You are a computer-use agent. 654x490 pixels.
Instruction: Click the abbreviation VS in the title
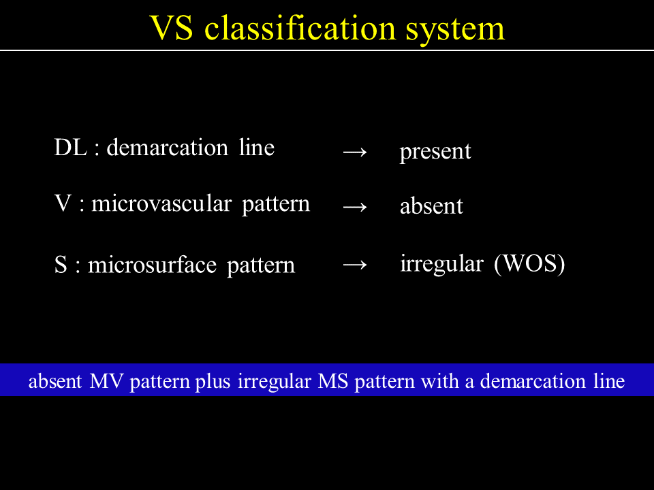(171, 29)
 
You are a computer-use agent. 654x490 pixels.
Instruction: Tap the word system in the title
(455, 31)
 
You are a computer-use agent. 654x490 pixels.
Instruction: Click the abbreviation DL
(70, 148)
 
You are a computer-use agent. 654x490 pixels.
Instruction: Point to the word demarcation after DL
(168, 148)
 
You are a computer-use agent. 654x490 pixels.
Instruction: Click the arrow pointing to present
(355, 152)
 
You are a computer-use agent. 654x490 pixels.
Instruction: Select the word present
(435, 152)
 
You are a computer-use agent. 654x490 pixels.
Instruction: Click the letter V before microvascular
(63, 203)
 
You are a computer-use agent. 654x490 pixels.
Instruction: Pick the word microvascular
(161, 203)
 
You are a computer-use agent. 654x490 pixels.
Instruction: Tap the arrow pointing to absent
(355, 206)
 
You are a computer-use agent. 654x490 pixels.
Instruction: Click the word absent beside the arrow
(431, 206)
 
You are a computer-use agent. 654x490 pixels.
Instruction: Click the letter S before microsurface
(61, 265)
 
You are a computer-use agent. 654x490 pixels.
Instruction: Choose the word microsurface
(152, 265)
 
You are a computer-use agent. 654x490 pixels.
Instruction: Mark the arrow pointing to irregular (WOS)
(355, 265)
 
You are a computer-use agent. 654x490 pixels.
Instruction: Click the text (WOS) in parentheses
(529, 264)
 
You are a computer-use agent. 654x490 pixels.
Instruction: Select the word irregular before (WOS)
(441, 264)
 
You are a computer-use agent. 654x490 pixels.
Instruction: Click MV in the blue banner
(106, 381)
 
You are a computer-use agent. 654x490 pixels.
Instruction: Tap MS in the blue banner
(333, 381)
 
